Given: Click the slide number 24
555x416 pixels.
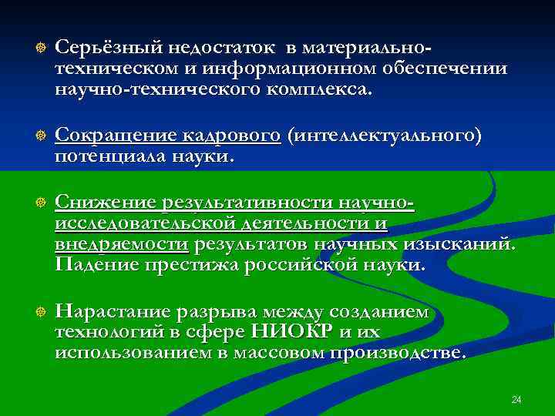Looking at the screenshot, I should point(516,400).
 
